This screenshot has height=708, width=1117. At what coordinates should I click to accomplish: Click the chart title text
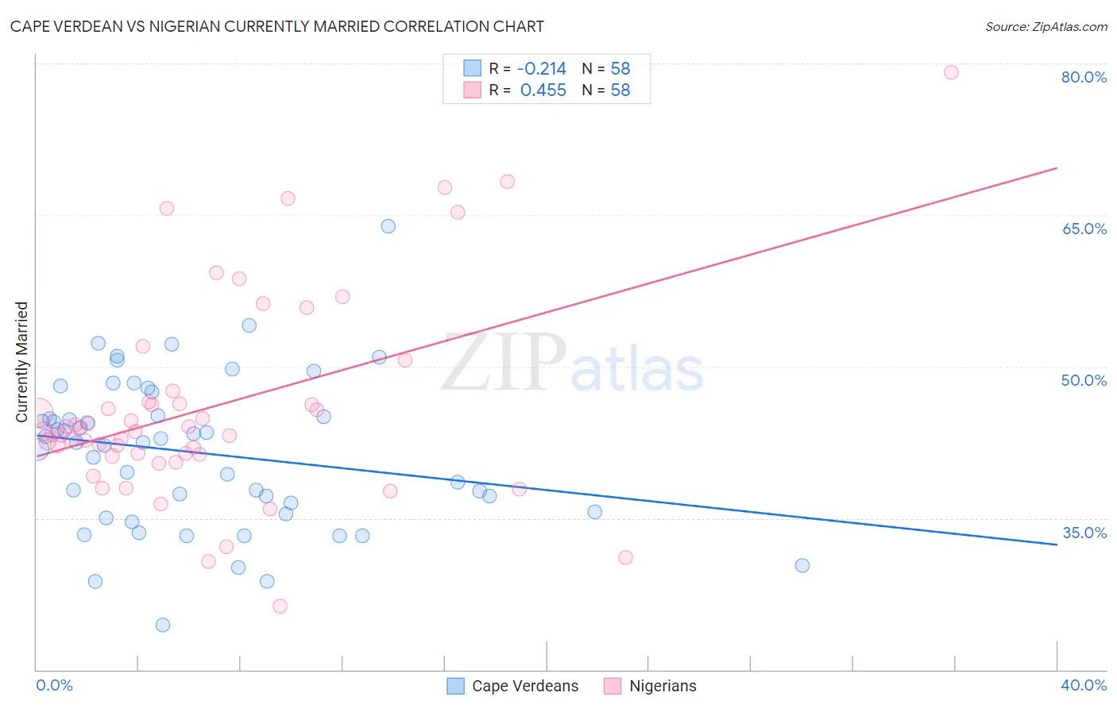(x=277, y=26)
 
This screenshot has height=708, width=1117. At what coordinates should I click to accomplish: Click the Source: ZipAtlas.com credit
(x=1045, y=26)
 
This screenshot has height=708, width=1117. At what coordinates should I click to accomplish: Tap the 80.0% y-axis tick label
(x=1084, y=77)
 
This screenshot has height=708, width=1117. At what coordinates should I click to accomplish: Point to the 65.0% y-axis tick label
(x=1084, y=229)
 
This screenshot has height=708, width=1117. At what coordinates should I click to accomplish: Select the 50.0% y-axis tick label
(x=1084, y=380)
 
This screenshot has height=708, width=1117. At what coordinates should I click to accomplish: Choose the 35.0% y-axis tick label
(x=1084, y=533)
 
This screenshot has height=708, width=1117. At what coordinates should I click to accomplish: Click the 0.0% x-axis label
(x=54, y=685)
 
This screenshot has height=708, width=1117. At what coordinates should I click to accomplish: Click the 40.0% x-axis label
(x=1084, y=685)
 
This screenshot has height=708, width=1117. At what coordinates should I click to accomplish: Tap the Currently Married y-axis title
(x=21, y=362)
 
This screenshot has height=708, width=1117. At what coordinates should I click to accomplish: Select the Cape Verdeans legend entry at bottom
(x=524, y=686)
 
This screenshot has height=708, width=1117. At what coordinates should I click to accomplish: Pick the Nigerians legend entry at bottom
(x=662, y=686)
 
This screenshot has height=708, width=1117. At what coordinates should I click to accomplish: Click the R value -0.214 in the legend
(x=542, y=69)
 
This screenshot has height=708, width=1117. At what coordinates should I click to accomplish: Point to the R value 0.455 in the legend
(x=543, y=90)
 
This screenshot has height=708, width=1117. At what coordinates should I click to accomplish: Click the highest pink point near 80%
(x=951, y=72)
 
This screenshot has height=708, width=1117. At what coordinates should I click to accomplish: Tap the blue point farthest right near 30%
(x=802, y=565)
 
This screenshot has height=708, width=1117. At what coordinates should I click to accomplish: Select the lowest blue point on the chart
(x=163, y=625)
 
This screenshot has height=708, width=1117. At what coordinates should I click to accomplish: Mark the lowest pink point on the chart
(x=280, y=606)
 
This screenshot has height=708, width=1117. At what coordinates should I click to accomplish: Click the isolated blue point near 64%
(x=388, y=226)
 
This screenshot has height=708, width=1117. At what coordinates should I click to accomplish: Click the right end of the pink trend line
(x=1057, y=168)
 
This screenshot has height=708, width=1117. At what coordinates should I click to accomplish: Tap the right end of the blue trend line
(x=1057, y=544)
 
